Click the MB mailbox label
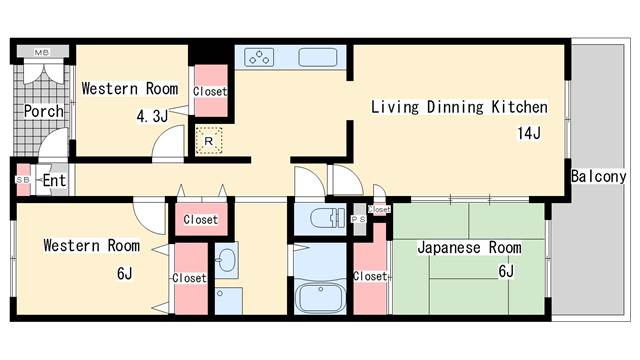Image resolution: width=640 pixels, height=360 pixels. [42, 51]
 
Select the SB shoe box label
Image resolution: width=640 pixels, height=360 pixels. [22, 180]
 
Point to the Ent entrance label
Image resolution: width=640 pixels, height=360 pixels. [54, 181]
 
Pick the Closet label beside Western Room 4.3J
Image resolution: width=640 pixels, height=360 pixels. [210, 91]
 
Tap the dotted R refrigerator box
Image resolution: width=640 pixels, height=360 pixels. [208, 141]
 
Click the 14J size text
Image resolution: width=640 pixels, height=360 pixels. [528, 133]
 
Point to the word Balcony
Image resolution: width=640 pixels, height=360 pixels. [598, 177]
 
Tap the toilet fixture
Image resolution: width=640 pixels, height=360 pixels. [323, 217]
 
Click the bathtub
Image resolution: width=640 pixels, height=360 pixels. [322, 297]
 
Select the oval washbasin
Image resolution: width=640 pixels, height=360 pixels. [227, 262]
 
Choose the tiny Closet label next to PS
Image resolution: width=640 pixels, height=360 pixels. [379, 209]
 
